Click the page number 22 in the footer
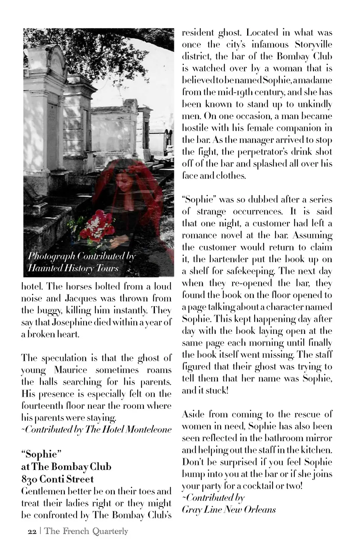(32, 532)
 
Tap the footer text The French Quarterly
(86, 531)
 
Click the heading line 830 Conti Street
(57, 479)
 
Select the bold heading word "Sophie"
(41, 454)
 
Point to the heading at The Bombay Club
(66, 467)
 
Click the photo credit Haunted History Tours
(73, 268)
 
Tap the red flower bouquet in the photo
(98, 225)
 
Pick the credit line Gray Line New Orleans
(229, 510)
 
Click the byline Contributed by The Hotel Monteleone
(96, 429)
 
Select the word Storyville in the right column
(313, 45)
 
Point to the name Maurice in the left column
(70, 370)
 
